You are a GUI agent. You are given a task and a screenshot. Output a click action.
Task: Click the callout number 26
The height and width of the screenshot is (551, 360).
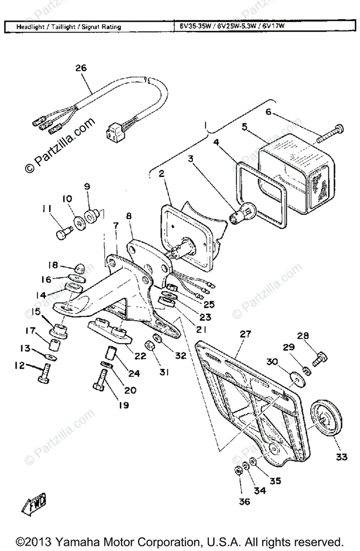coord(81,68)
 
